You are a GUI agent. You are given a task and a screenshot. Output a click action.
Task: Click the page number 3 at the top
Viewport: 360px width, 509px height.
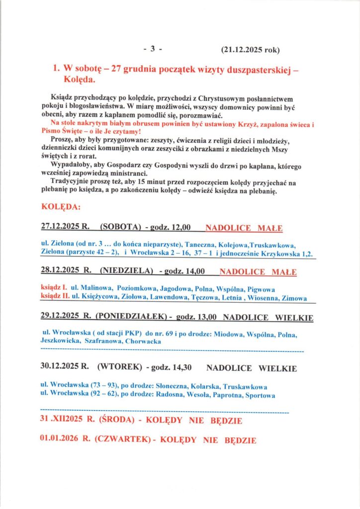coord(153,49)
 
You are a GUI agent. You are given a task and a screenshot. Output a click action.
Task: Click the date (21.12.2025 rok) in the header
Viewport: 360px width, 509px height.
coord(251,50)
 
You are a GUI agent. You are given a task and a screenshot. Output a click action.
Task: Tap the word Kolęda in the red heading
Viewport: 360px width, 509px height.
coord(80,80)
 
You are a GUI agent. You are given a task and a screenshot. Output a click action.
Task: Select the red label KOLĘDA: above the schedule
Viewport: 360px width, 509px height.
coord(58,206)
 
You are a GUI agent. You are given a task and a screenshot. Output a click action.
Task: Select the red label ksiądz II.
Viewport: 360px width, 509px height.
coord(54,298)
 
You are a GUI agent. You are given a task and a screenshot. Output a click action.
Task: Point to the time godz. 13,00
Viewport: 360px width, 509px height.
coord(197,316)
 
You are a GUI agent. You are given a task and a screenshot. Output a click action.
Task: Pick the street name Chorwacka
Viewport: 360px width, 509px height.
coord(144,342)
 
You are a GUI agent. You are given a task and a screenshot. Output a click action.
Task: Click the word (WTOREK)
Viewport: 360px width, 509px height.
coord(119,368)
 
